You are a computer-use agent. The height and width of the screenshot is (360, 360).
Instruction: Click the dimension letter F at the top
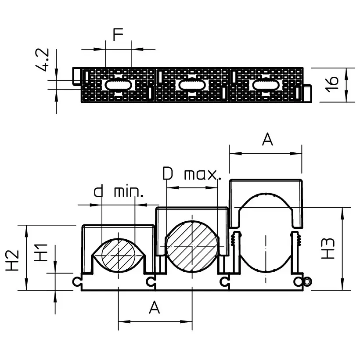point(118,35)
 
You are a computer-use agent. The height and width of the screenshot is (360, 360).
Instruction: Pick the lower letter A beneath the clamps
point(154,308)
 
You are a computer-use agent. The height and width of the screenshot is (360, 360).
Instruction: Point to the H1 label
point(42,253)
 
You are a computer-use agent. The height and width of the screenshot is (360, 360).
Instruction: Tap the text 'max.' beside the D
point(201,175)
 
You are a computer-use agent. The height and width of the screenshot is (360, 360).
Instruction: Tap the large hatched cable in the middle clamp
point(192,247)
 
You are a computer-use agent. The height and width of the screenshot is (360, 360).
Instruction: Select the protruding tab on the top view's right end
point(308,93)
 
